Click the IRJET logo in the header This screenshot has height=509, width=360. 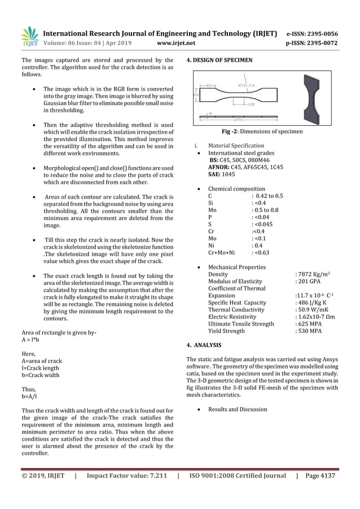point(29,36)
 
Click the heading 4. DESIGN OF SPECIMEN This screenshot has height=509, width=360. point(219,60)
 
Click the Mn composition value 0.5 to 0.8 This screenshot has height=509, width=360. point(265,210)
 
